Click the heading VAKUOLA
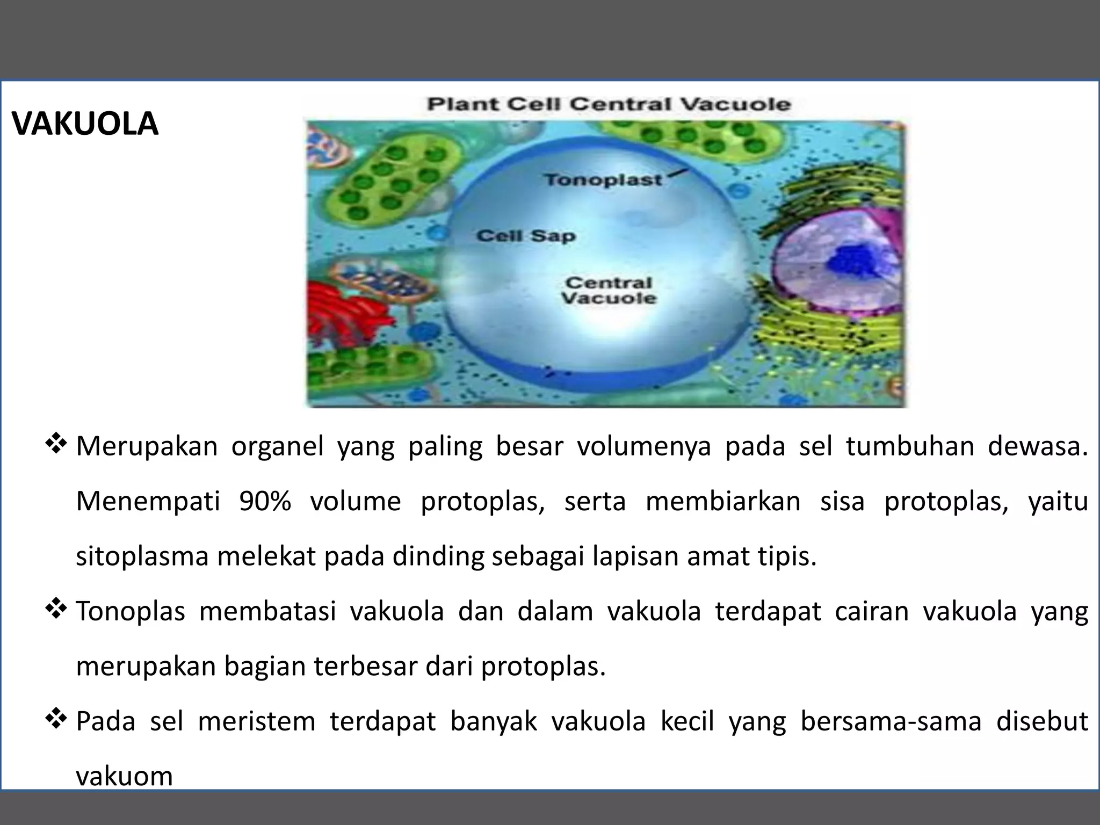click(x=85, y=124)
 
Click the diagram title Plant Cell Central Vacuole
click(x=609, y=104)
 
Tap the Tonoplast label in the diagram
click(x=603, y=179)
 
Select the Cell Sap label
click(x=526, y=236)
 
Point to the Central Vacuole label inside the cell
click(x=609, y=291)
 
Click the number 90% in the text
click(x=265, y=501)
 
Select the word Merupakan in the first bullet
click(x=147, y=446)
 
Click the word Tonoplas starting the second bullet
click(x=131, y=611)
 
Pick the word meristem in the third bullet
click(x=256, y=721)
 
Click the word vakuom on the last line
click(x=124, y=776)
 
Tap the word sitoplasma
click(x=142, y=556)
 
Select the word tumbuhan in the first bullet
click(x=909, y=446)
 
